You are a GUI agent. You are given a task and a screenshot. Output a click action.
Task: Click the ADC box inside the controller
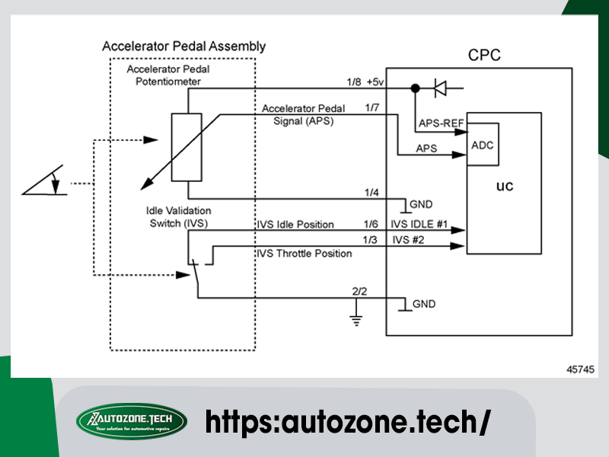[483, 145]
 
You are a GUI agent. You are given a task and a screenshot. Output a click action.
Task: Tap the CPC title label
[485, 56]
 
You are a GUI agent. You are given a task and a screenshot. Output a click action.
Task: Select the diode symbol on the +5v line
[440, 88]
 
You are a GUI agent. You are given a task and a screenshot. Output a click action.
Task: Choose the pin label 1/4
[371, 191]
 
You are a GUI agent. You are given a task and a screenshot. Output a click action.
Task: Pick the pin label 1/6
[371, 225]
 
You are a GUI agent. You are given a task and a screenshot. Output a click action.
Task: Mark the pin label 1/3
[371, 240]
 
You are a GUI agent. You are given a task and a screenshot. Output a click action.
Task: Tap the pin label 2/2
[359, 290]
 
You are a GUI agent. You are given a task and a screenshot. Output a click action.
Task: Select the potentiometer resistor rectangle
[187, 147]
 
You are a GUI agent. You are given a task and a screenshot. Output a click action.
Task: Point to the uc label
[504, 187]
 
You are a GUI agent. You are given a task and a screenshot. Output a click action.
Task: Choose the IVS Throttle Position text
[304, 254]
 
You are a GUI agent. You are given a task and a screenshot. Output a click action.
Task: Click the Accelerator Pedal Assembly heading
[184, 46]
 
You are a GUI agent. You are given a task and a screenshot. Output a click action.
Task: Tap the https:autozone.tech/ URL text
[346, 421]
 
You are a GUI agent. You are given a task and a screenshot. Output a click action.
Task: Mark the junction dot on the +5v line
[415, 88]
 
